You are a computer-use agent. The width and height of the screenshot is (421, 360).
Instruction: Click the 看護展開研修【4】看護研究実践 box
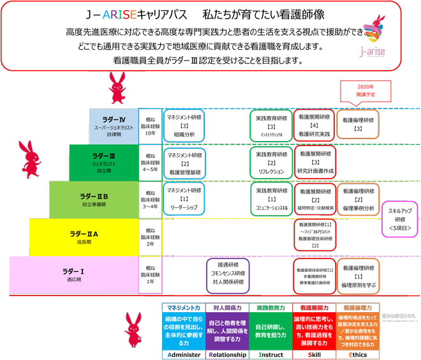point(314,126)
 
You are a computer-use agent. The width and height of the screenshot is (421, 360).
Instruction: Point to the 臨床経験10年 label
point(151,126)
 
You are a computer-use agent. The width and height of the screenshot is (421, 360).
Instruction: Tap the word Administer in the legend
point(183,354)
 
